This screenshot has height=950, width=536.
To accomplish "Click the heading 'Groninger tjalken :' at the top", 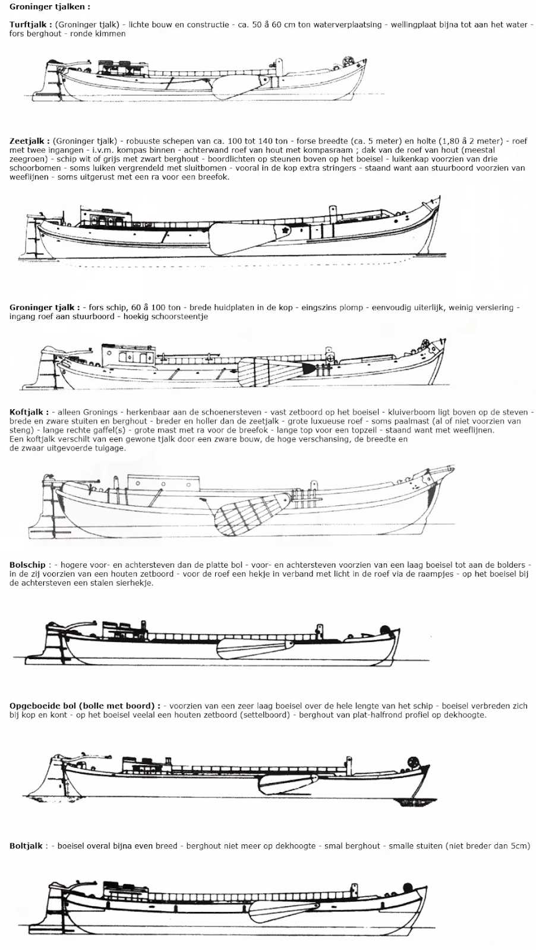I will point(51,7).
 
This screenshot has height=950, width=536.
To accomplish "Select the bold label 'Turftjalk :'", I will point(30,25).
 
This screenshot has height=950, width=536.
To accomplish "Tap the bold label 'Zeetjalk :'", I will point(29,141).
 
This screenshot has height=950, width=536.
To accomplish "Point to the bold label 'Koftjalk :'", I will point(29,412).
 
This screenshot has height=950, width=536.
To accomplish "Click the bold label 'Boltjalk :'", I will point(26,845).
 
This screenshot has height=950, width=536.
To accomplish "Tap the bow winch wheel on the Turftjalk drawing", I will point(348,62).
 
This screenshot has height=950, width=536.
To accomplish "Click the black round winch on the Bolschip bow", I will point(384,631).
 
